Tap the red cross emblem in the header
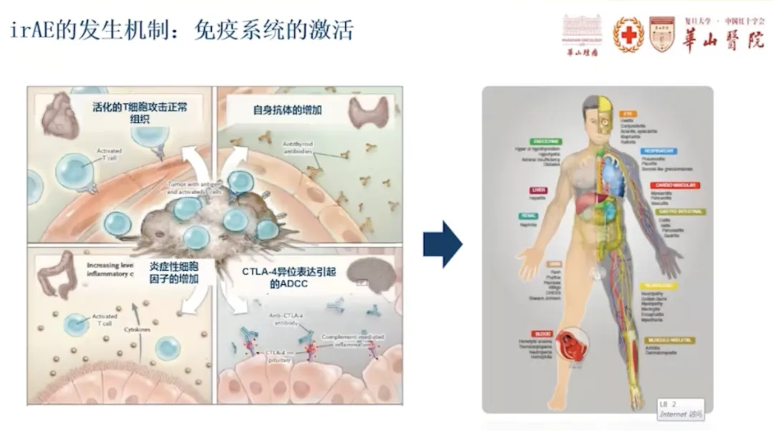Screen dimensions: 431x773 tap(628, 34)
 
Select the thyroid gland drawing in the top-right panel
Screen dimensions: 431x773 tap(368, 112)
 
